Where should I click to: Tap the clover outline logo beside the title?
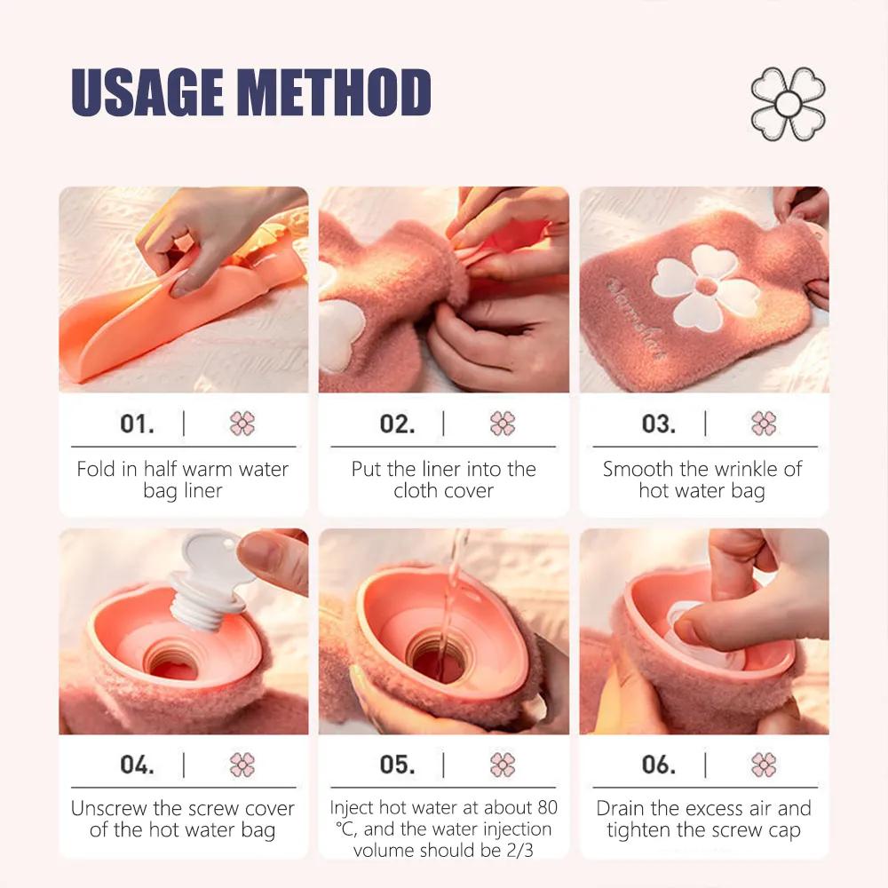pos(788,104)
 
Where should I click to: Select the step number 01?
pos(137,424)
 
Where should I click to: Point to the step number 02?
pos(397,424)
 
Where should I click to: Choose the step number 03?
pos(658,424)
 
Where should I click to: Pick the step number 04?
pos(137,765)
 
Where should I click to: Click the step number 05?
pos(397,765)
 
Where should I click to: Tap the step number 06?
pos(658,765)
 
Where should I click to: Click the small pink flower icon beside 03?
pos(763,424)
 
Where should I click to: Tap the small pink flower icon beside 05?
pos(503,765)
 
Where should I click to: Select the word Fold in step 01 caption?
pos(96,469)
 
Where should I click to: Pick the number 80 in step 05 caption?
pos(547,808)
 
